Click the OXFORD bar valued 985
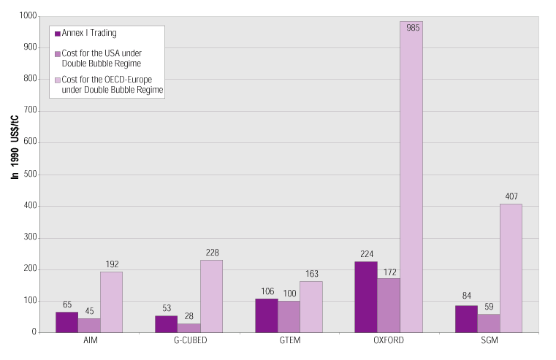click(x=411, y=177)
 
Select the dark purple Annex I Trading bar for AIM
click(x=66, y=322)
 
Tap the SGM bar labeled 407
click(x=511, y=268)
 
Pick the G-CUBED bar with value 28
click(x=188, y=328)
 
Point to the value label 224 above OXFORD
click(x=366, y=254)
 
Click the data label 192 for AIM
click(x=112, y=264)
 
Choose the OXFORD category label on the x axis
click(x=388, y=341)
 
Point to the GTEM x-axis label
click(x=289, y=341)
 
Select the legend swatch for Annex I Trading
click(x=57, y=33)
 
